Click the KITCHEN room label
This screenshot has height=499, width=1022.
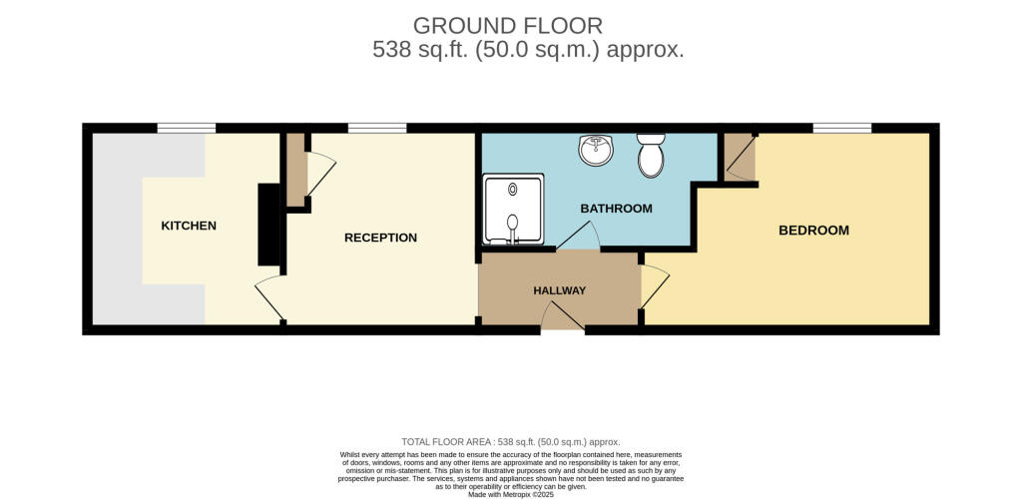coord(189,227)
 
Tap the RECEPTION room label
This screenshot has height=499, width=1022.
coord(380,238)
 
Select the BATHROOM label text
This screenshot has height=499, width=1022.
coord(616,210)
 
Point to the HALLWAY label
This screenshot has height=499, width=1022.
coord(559,290)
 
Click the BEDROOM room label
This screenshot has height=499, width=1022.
coord(813,230)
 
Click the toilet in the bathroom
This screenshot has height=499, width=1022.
coord(651,156)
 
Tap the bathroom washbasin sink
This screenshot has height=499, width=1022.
coord(595,150)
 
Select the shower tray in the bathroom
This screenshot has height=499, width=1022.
coord(513,210)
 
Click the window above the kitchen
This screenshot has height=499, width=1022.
coord(187,128)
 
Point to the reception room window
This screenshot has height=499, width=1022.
coord(377,128)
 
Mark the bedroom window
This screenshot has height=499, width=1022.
coord(842,128)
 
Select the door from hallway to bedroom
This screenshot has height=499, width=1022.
coord(655,287)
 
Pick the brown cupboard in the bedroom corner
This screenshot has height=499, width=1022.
coord(740,157)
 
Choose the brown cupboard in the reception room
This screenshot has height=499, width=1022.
coord(296,170)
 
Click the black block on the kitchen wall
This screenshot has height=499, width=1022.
coord(269,225)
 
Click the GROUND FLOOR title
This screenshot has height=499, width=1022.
coord(508,26)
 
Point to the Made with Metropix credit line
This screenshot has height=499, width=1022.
coord(510,495)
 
